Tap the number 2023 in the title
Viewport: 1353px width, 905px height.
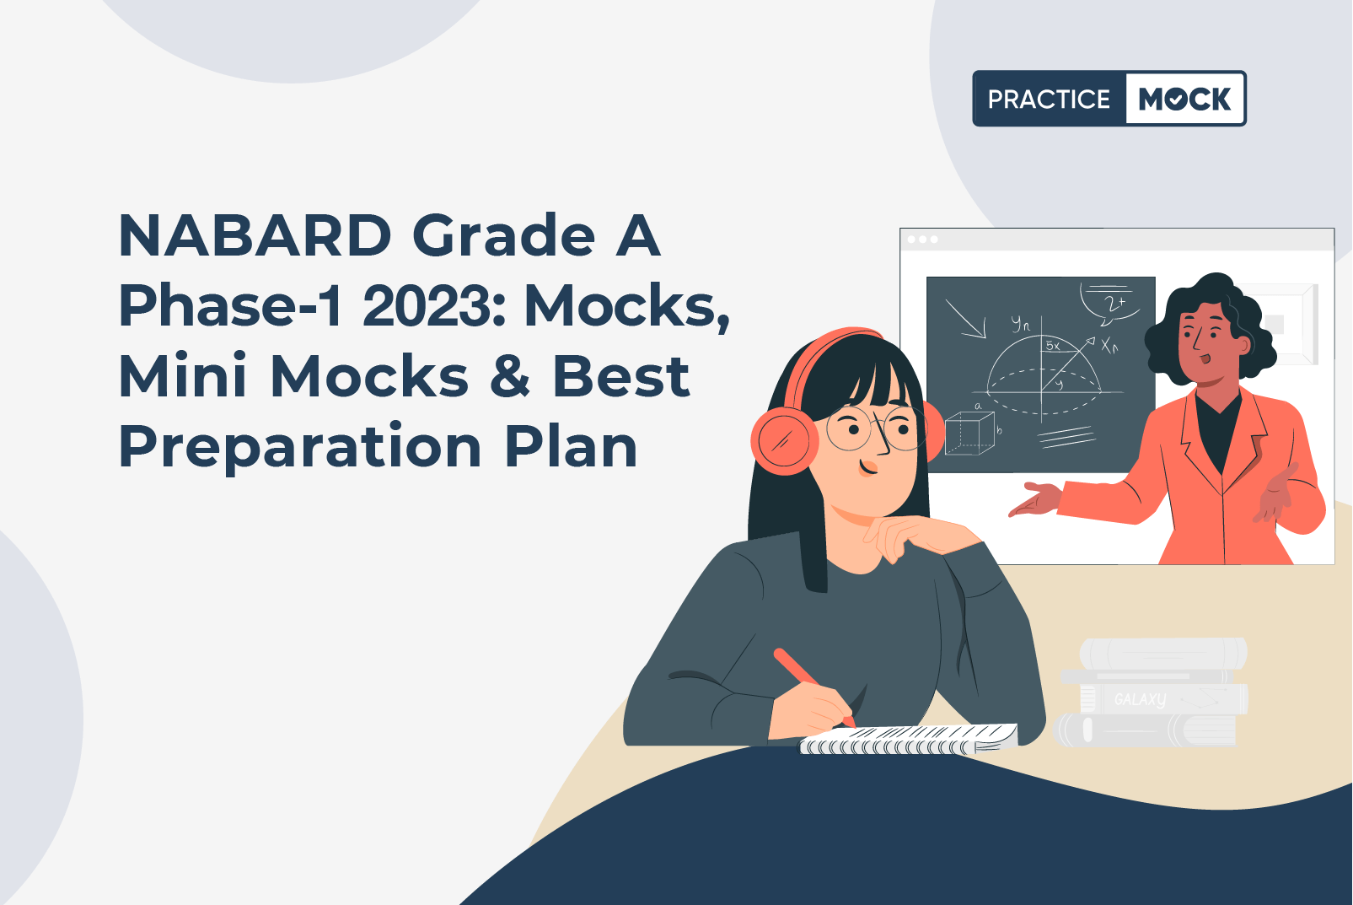point(432,305)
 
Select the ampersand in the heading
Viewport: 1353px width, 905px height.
point(510,376)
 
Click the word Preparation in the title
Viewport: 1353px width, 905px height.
point(300,447)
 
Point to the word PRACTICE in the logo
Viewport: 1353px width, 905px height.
point(1050,99)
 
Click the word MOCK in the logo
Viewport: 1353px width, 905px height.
point(1184,99)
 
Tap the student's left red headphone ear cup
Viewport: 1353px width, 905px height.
point(784,439)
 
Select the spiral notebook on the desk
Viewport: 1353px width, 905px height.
point(909,739)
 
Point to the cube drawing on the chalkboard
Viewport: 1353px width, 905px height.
point(969,433)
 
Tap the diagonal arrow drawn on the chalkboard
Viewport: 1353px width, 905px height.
point(966,319)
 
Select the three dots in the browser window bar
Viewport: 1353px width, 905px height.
point(922,240)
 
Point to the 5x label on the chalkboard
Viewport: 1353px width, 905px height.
point(1053,346)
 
